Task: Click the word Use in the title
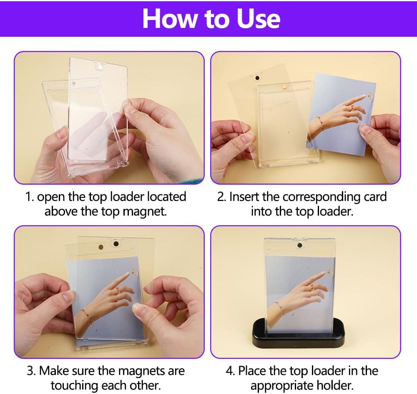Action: (x=259, y=19)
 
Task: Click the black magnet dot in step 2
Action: (x=257, y=78)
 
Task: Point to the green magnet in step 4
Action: (x=300, y=245)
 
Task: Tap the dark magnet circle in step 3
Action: (x=116, y=244)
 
